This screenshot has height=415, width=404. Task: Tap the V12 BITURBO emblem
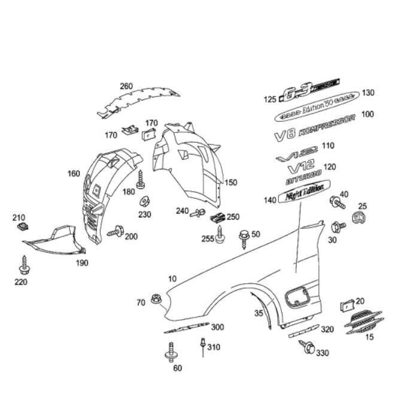coord(305,170)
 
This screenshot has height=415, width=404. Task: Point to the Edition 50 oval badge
coord(317,105)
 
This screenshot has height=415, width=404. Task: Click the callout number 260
coord(126,86)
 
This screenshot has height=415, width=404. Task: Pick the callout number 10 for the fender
coord(172,279)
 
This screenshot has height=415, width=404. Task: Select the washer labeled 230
coord(144,201)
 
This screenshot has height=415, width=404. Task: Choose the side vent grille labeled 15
coord(363,323)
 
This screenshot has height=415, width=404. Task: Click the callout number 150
coord(230,182)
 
